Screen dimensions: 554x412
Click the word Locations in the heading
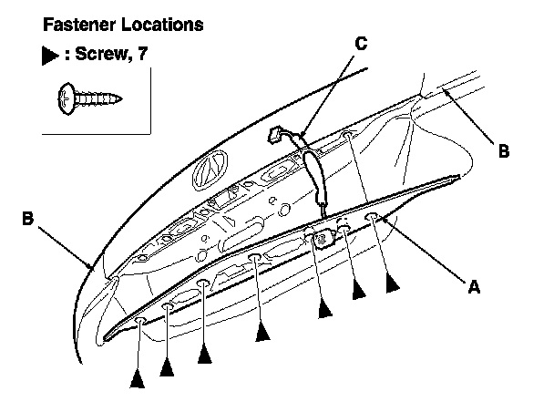click(162, 25)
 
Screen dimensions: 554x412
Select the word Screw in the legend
click(102, 54)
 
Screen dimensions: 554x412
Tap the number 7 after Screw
click(142, 54)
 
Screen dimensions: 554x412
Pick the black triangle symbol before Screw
click(50, 56)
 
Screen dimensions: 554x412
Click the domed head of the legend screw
click(67, 99)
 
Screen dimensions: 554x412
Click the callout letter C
click(361, 44)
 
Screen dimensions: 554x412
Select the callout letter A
click(474, 286)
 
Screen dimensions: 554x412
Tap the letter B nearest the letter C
click(504, 151)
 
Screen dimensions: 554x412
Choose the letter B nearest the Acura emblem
click(27, 218)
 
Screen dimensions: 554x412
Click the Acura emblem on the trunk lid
click(210, 170)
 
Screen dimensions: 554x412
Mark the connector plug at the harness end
click(276, 135)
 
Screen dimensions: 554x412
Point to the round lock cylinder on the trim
click(323, 239)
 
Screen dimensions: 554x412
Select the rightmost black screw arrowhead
click(392, 283)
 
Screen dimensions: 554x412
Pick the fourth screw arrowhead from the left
click(262, 331)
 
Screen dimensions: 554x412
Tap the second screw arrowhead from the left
click(167, 366)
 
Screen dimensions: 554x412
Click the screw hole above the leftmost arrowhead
click(140, 321)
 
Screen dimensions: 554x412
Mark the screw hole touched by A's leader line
click(373, 216)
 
